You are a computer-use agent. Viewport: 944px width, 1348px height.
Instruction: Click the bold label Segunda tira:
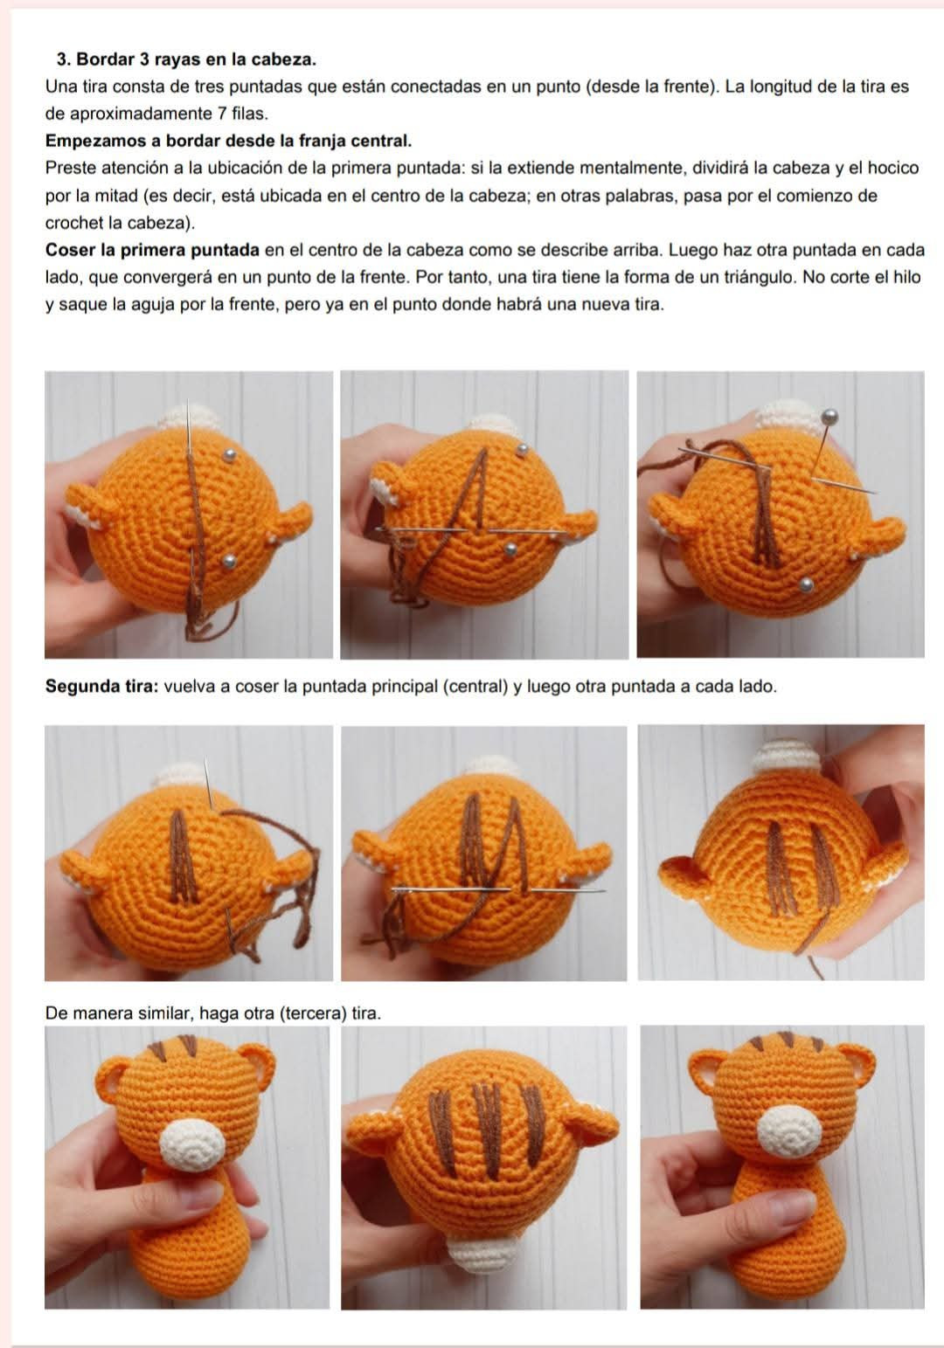pyautogui.click(x=101, y=686)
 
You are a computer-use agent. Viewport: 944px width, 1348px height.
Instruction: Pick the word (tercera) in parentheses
pyautogui.click(x=313, y=1013)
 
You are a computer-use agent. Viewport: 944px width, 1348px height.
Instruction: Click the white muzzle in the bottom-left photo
pyautogui.click(x=192, y=1144)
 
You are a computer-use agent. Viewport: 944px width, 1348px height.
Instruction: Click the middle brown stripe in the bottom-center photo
pyautogui.click(x=489, y=1130)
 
